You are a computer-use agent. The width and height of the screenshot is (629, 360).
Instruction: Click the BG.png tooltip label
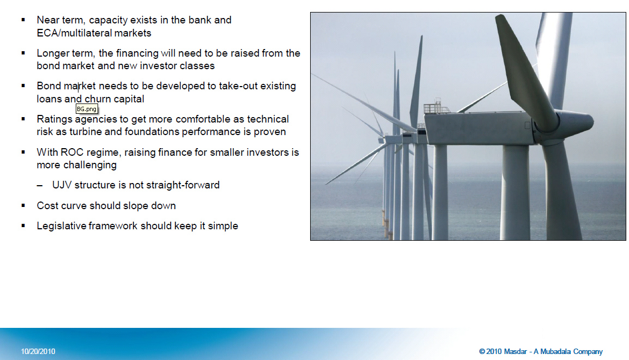(x=87, y=109)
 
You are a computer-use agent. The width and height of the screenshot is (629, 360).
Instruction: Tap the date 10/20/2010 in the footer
(x=38, y=352)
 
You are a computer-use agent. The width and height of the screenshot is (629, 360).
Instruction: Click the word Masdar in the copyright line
(x=515, y=352)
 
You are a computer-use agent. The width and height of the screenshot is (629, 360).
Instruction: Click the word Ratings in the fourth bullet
(x=55, y=119)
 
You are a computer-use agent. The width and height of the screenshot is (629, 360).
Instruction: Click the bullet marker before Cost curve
(x=23, y=206)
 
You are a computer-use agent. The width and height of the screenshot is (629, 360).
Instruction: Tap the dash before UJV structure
(x=39, y=186)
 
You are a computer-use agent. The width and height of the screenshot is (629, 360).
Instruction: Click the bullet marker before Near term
(x=23, y=20)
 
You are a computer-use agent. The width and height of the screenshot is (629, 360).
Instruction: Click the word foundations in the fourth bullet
(x=152, y=132)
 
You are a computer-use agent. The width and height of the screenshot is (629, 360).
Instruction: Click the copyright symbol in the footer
(x=482, y=352)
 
